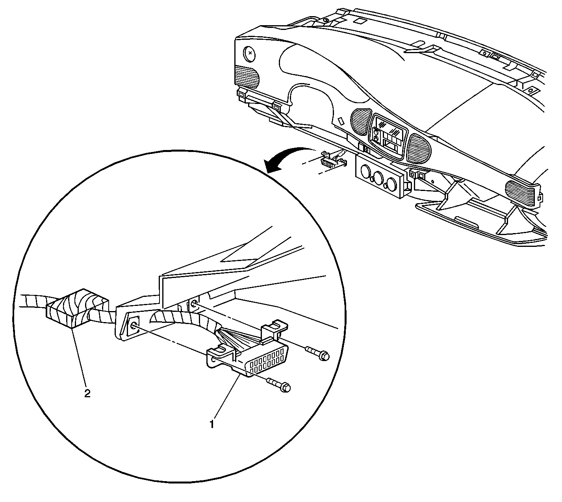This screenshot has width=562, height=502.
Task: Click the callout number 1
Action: pos(212,424)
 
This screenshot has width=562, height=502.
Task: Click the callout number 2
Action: pos(87,394)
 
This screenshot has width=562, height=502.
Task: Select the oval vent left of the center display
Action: pos(361,122)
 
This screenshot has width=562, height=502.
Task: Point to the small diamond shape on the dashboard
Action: pos(341,121)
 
